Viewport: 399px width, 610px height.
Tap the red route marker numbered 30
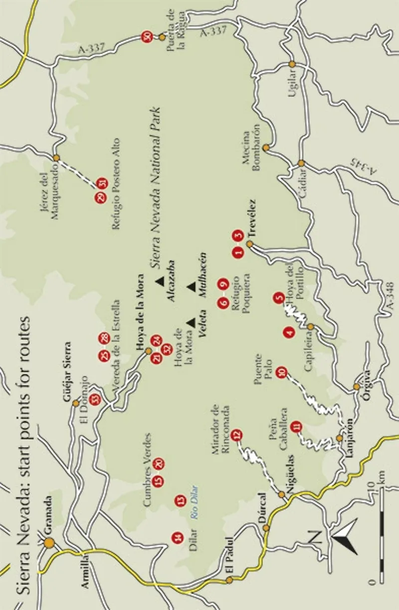[x=147, y=37]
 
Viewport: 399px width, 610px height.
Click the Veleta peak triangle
[x=191, y=323]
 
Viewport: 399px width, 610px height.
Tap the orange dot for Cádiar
[x=301, y=163]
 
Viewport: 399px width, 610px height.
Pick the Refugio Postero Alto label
[x=117, y=183]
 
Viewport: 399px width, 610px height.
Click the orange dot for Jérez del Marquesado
[x=56, y=157]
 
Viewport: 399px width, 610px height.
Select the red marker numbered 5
[x=278, y=299]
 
